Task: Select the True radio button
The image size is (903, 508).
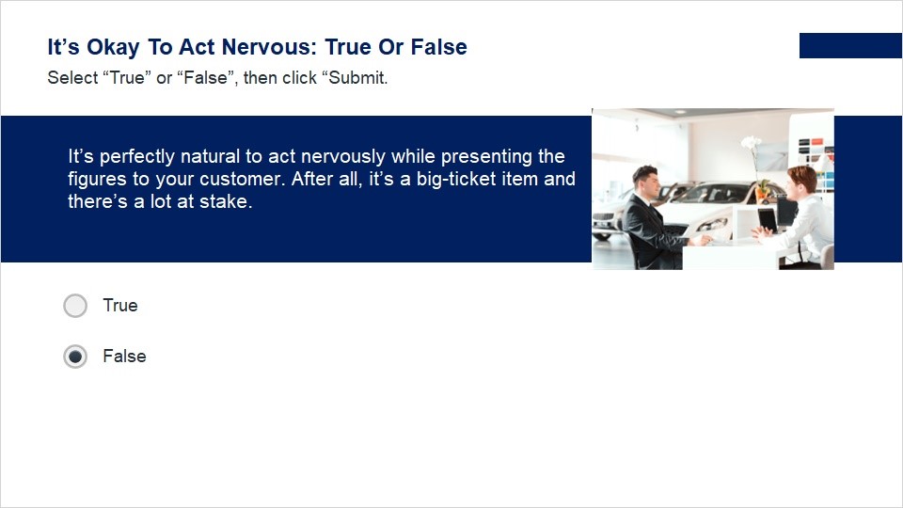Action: tap(75, 306)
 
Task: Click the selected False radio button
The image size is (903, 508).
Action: tap(75, 357)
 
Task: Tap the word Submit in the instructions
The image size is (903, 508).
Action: tap(357, 78)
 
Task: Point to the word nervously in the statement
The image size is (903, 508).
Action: tap(342, 157)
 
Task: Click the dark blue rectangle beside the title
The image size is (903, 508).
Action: tap(850, 45)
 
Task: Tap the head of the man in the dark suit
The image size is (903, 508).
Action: tap(645, 181)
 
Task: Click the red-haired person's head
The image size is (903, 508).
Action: tap(801, 180)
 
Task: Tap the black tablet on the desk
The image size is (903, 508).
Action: tap(768, 220)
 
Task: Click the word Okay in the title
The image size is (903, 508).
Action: tap(113, 48)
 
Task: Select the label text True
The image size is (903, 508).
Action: tap(120, 305)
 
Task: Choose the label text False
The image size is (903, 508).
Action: tap(124, 356)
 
